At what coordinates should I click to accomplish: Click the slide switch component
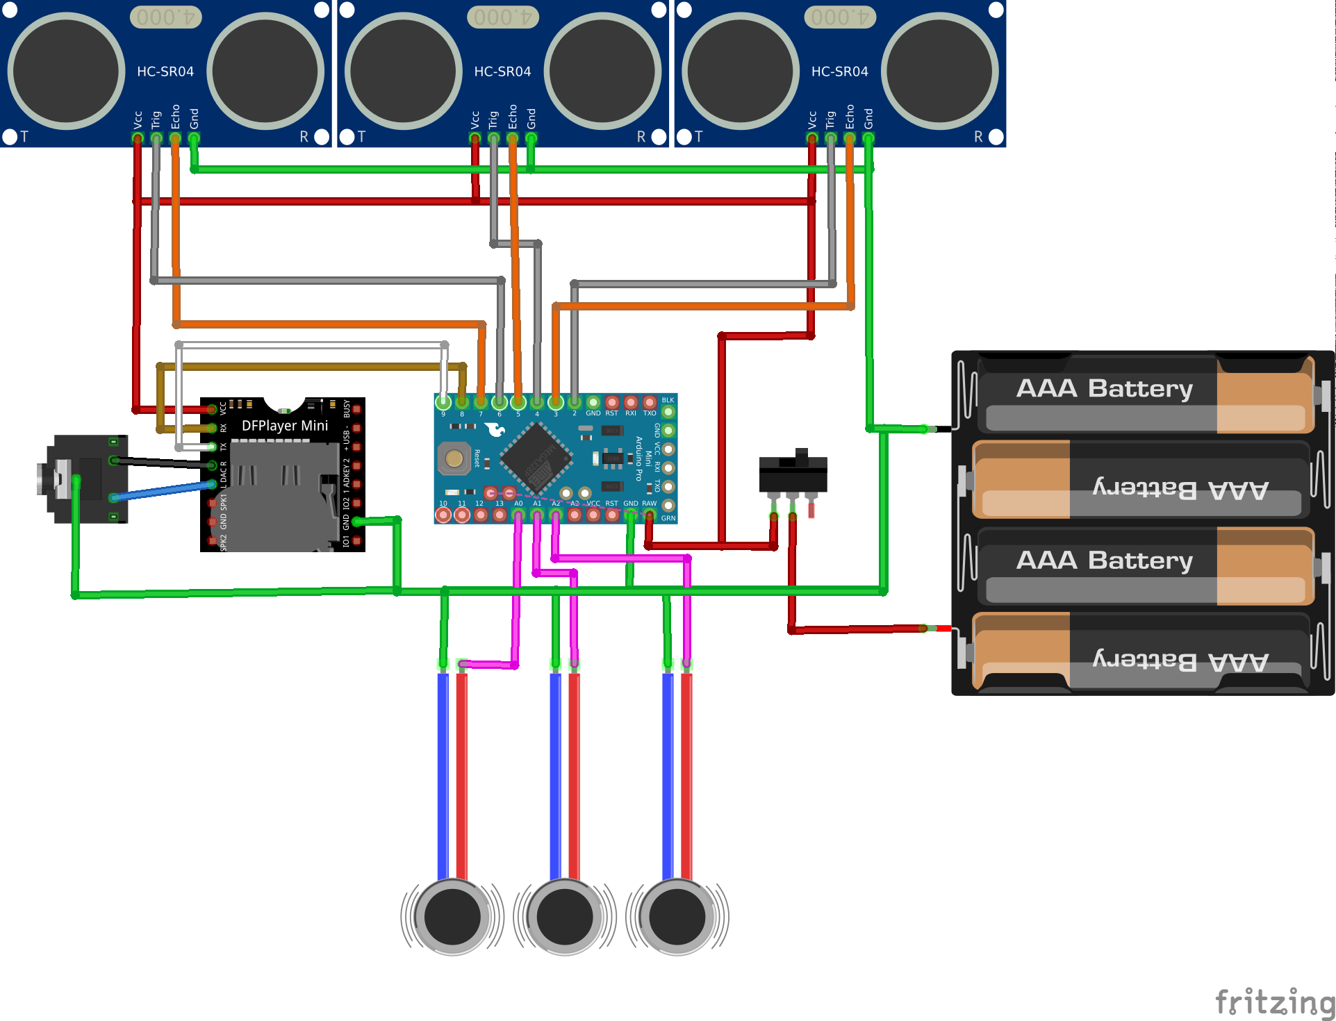tap(793, 474)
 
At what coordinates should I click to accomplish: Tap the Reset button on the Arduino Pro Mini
tap(454, 458)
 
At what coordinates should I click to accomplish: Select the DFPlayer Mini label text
tap(285, 426)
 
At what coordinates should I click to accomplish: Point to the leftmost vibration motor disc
tap(452, 917)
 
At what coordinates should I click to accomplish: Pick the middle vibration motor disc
tap(564, 917)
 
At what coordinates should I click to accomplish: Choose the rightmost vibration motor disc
tap(677, 917)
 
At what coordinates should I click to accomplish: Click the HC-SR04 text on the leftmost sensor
tap(165, 72)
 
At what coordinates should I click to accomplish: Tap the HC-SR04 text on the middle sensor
tap(502, 72)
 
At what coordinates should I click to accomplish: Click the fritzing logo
tap(1274, 1003)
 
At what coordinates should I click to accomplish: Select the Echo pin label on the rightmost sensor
tap(850, 117)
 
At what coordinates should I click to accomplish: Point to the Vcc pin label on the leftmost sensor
tap(138, 119)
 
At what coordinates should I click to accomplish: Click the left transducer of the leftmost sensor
tap(66, 71)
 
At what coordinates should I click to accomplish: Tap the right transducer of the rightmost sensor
tap(939, 71)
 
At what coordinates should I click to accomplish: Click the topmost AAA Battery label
tap(1104, 388)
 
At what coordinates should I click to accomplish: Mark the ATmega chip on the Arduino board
tap(536, 458)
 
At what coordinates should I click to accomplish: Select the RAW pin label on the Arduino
tap(649, 503)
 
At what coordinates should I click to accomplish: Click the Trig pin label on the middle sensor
tap(493, 119)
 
